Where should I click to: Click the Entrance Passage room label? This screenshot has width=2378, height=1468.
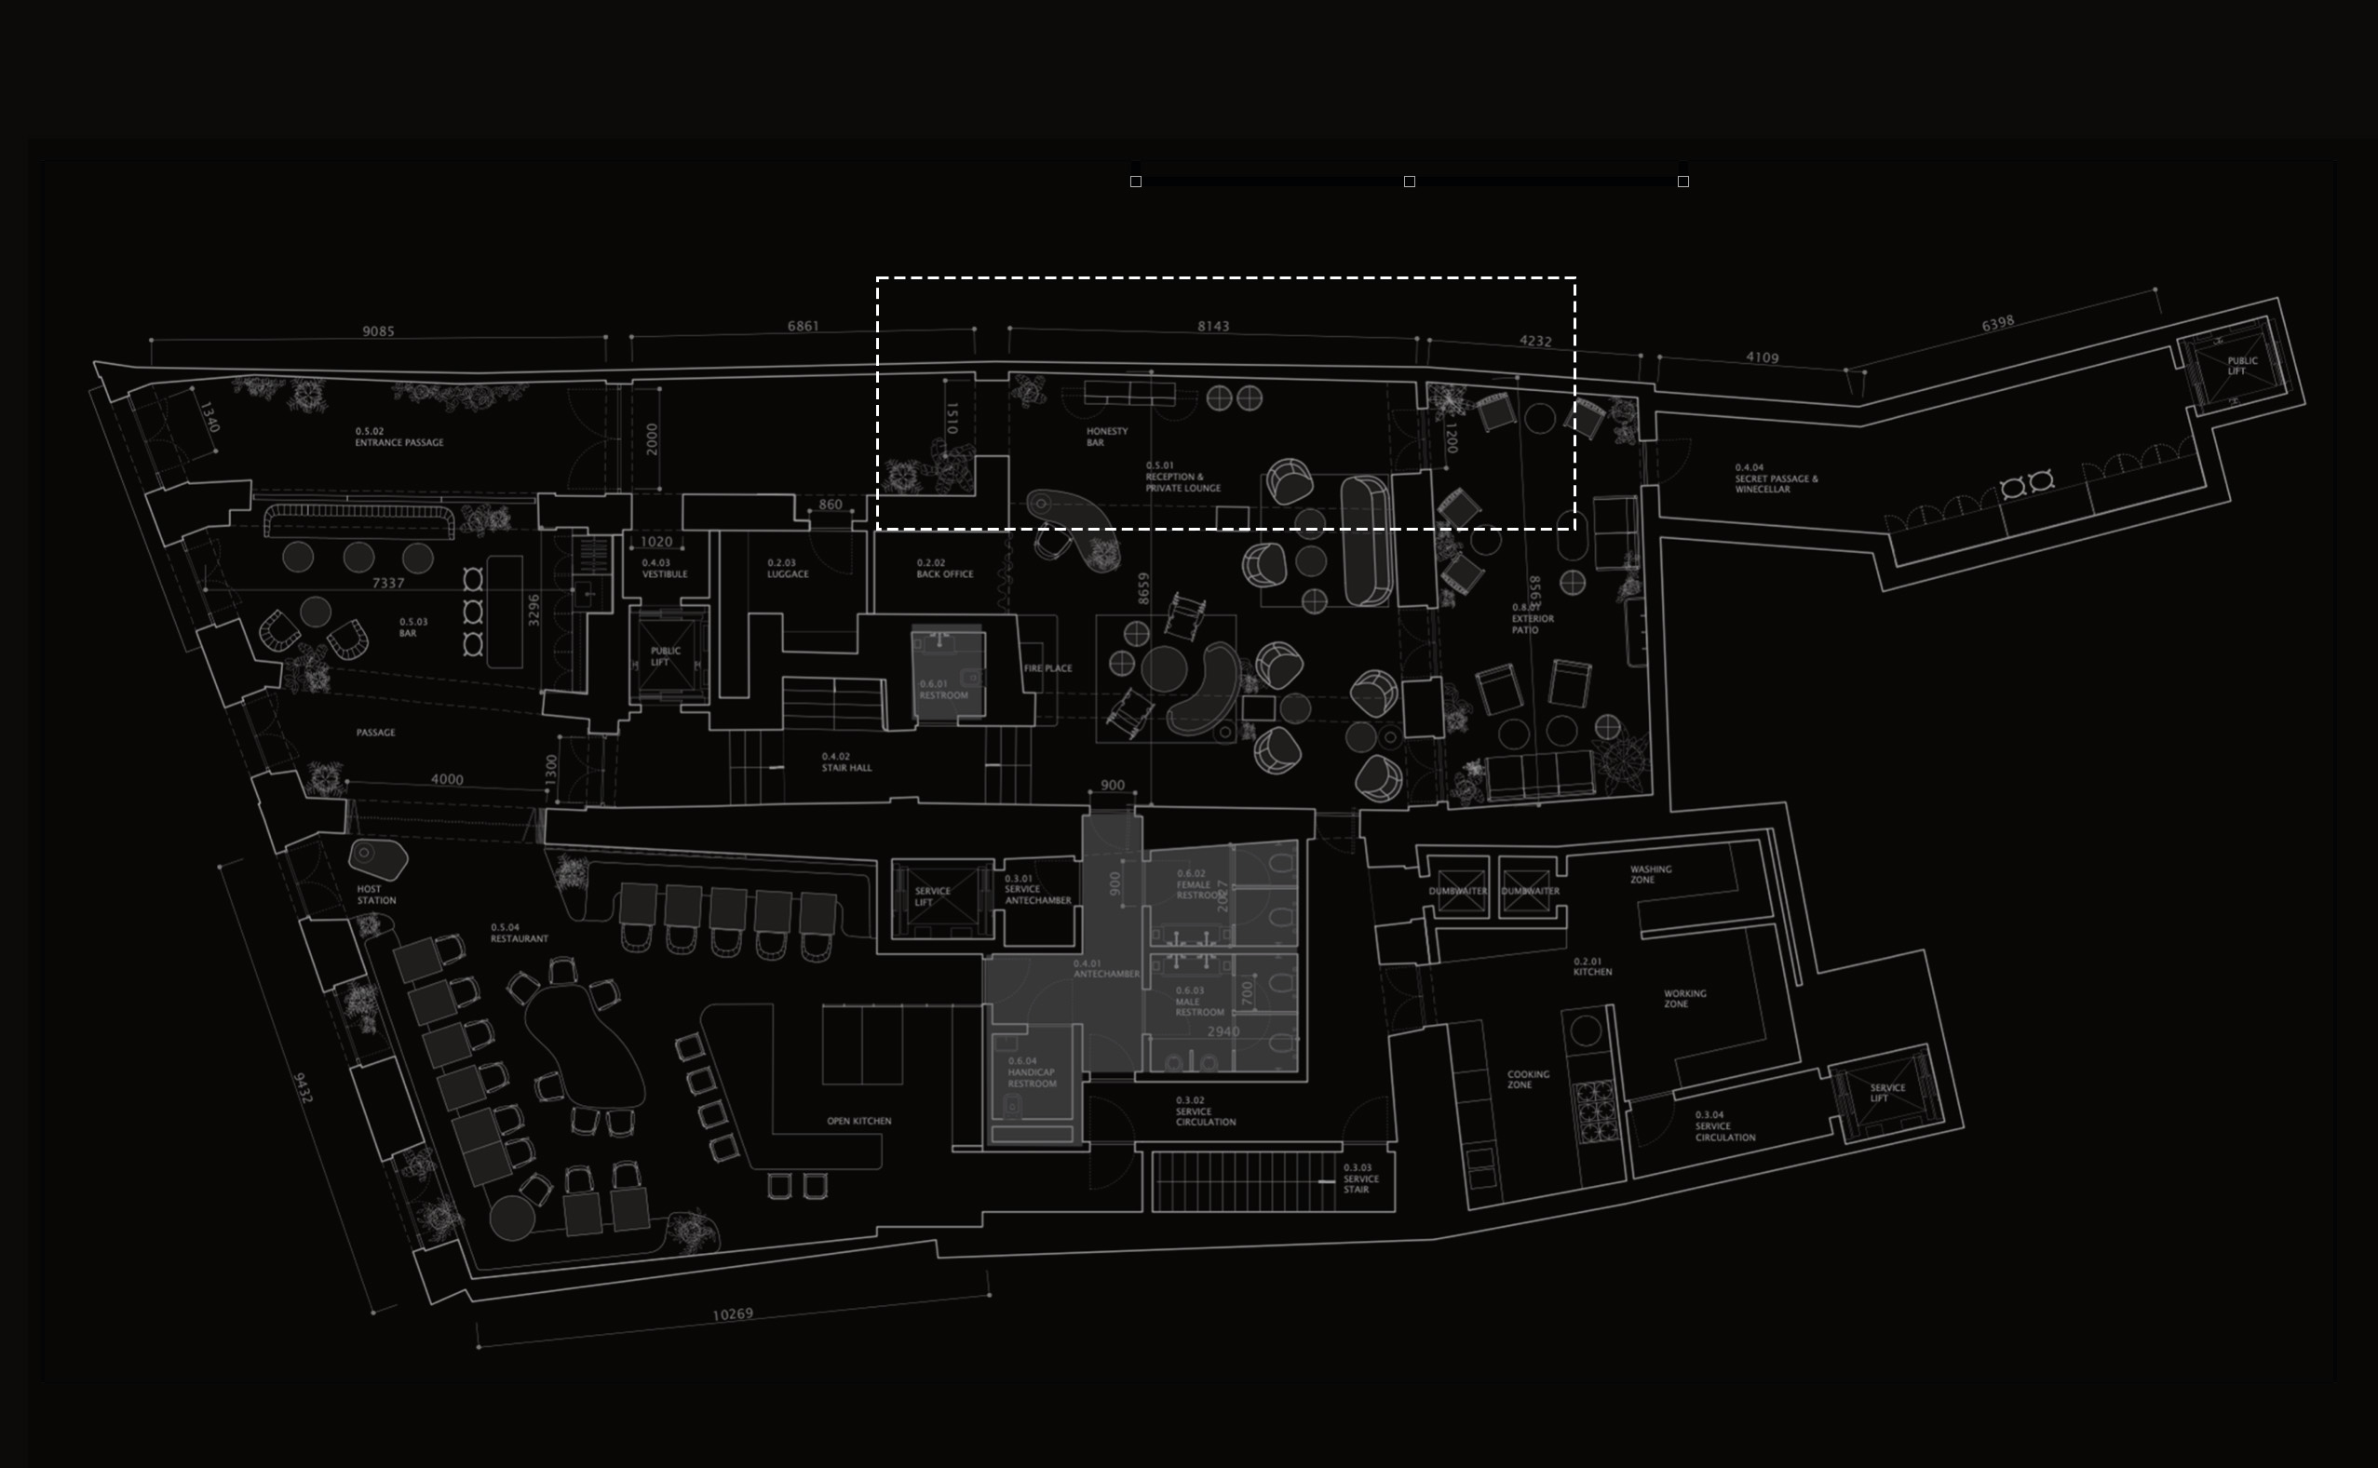tap(399, 437)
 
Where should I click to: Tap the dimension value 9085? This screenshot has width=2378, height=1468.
tap(378, 331)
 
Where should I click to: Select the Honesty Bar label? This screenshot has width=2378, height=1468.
tap(1106, 437)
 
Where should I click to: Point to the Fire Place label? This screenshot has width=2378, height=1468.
tap(1047, 668)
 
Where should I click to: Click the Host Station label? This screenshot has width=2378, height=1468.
tap(376, 895)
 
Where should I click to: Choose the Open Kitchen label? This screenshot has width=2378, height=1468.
tap(858, 1121)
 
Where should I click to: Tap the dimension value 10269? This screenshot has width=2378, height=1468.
tap(732, 1314)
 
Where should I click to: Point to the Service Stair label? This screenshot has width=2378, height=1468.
tap(1359, 1178)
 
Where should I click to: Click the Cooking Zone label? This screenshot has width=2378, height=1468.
tap(1526, 1080)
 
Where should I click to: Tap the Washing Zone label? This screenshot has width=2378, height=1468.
tap(1650, 874)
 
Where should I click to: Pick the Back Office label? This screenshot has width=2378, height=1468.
tap(944, 569)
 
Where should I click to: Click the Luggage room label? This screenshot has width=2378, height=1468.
tap(787, 569)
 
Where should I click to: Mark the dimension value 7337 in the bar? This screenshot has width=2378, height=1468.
tap(387, 584)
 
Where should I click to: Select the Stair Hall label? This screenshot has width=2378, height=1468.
tap(845, 762)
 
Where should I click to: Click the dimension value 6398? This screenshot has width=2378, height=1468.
tap(1997, 323)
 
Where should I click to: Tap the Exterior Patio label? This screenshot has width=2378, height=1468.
tap(1533, 618)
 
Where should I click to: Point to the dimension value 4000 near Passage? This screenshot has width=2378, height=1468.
tap(447, 778)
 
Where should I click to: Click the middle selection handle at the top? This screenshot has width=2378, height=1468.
tap(1409, 182)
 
